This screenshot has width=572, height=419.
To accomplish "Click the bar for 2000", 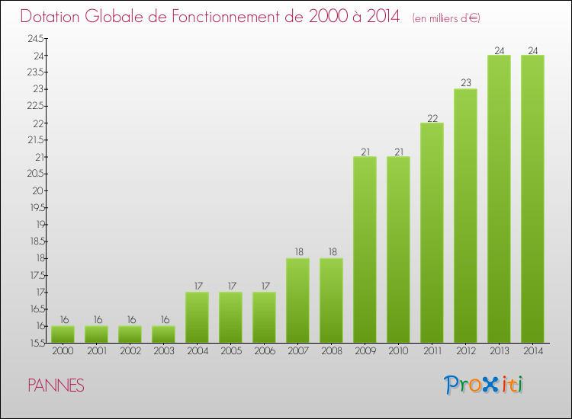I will tap(63, 334).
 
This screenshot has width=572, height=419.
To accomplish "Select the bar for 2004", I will tap(197, 318).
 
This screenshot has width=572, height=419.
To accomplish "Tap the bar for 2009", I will tap(365, 250).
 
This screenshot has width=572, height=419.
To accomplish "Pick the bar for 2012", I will tap(465, 216).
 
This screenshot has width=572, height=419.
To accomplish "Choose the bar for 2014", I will tap(532, 200).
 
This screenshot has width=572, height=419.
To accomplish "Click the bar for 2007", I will tap(297, 301).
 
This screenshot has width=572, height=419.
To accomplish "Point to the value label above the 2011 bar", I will tap(432, 118).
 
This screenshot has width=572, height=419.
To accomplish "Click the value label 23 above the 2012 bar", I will tap(465, 84).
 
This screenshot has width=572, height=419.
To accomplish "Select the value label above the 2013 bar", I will tap(499, 50).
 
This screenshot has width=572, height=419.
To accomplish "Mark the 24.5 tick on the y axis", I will tap(37, 38).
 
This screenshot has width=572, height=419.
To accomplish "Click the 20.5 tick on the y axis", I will tap(37, 174).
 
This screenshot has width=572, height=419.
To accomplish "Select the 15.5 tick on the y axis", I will tap(37, 344).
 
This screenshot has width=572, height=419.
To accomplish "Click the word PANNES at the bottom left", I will tap(56, 385).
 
